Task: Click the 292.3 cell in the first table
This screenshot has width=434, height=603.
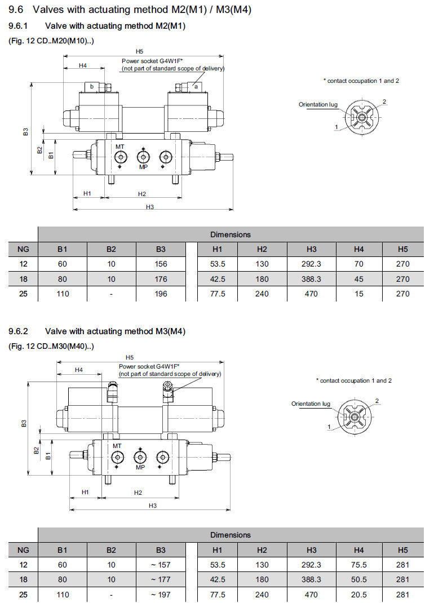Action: click(x=311, y=264)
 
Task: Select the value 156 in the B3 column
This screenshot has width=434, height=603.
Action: click(x=161, y=264)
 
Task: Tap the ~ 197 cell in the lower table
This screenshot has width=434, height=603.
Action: click(x=161, y=594)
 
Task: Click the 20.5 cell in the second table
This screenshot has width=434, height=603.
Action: click(x=359, y=594)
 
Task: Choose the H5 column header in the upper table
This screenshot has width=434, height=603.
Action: click(x=402, y=249)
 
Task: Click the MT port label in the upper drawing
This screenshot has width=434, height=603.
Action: click(x=120, y=147)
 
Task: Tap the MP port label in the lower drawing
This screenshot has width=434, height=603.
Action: click(x=140, y=467)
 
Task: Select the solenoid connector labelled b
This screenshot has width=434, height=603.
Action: click(x=91, y=86)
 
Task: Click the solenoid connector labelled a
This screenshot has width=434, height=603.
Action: click(x=196, y=86)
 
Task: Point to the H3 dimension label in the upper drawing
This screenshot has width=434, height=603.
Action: click(x=150, y=207)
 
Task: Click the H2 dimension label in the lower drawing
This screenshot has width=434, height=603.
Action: click(x=138, y=493)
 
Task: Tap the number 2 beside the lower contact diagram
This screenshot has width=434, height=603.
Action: click(x=377, y=401)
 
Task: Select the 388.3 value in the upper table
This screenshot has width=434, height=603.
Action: click(x=311, y=278)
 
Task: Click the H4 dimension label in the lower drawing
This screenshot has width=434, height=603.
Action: click(x=79, y=370)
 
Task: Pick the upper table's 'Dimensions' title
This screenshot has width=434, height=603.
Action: click(x=231, y=234)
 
